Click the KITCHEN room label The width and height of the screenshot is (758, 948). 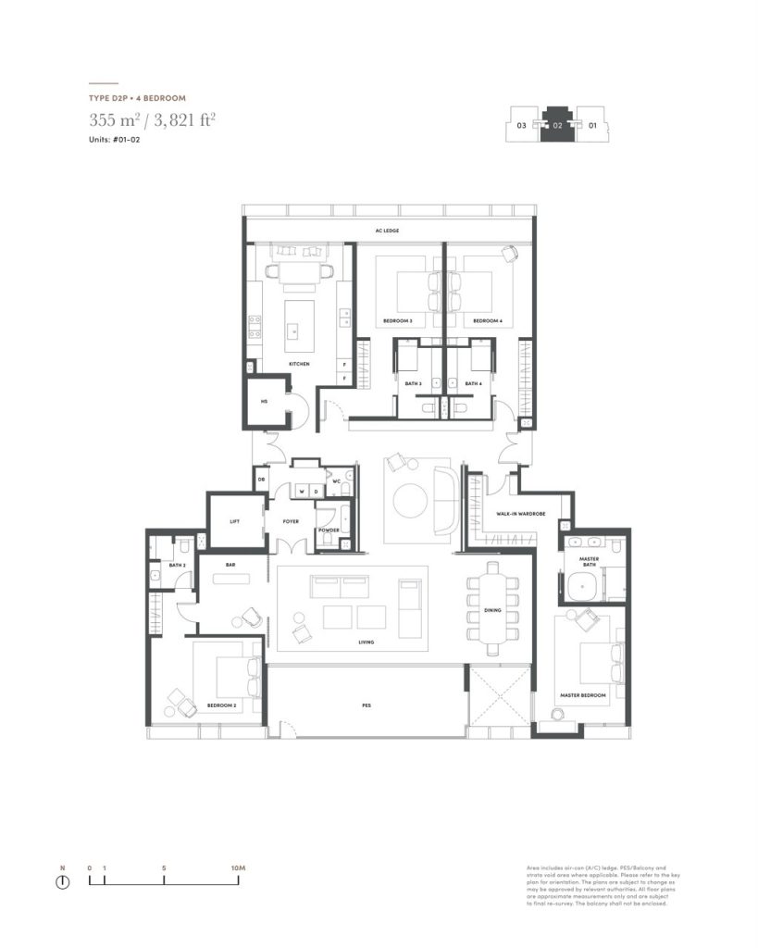coord(298,364)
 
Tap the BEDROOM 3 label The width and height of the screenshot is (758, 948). coord(397,321)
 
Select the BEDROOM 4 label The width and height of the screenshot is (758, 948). coord(487,321)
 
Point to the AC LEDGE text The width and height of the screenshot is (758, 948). coord(387,231)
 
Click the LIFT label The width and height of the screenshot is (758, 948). coord(234,521)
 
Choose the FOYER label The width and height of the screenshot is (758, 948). coord(291,521)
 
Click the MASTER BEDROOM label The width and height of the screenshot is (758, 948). coord(582,694)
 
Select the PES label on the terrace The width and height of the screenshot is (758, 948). coord(367,705)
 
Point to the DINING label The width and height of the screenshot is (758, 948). coord(492,610)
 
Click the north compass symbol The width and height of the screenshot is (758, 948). coord(63,881)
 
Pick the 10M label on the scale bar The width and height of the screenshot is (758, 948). coord(237,867)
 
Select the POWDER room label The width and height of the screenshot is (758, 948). coord(329,530)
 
